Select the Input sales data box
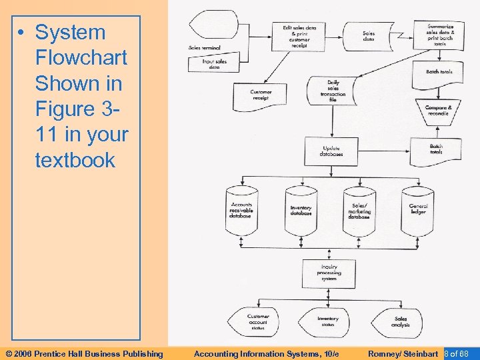(x=214, y=64)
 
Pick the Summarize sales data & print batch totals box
(x=439, y=33)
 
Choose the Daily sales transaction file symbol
(x=332, y=90)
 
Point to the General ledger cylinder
(x=417, y=210)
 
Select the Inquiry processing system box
(x=329, y=272)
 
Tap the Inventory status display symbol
(x=327, y=321)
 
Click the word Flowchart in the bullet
(x=81, y=58)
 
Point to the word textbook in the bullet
(x=75, y=160)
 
